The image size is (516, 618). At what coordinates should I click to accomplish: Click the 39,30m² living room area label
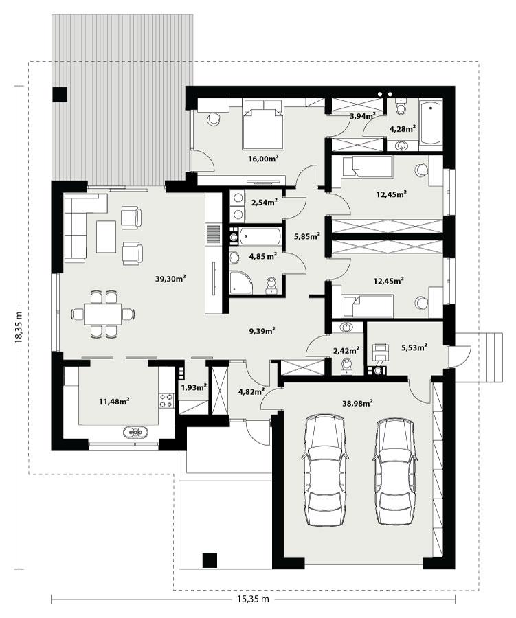click(170, 279)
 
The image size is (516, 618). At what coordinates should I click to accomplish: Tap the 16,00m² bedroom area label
click(262, 159)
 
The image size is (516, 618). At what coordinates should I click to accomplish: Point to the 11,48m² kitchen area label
click(115, 401)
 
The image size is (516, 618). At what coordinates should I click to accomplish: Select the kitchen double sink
click(135, 433)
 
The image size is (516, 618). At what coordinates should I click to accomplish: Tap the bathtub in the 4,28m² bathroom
click(431, 123)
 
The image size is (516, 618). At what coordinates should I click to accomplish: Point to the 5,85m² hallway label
click(306, 237)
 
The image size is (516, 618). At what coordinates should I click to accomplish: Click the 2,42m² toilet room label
click(346, 350)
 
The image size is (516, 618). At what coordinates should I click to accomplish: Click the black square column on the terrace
click(60, 95)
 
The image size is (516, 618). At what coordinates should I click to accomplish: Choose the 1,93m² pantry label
click(193, 387)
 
